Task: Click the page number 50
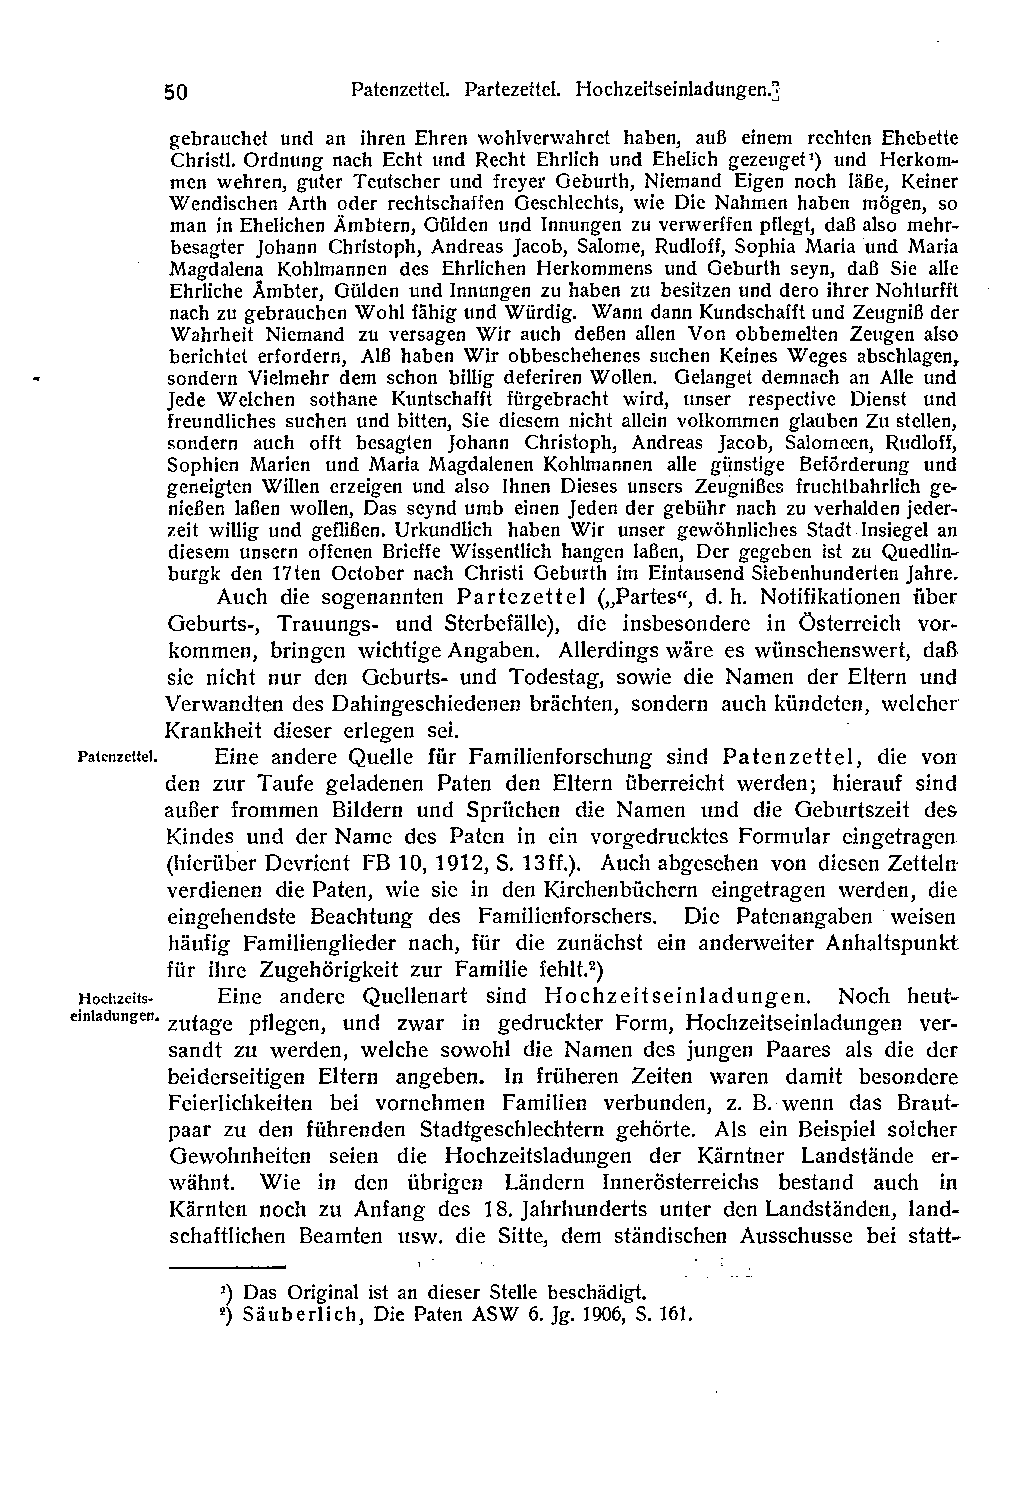[175, 93]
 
